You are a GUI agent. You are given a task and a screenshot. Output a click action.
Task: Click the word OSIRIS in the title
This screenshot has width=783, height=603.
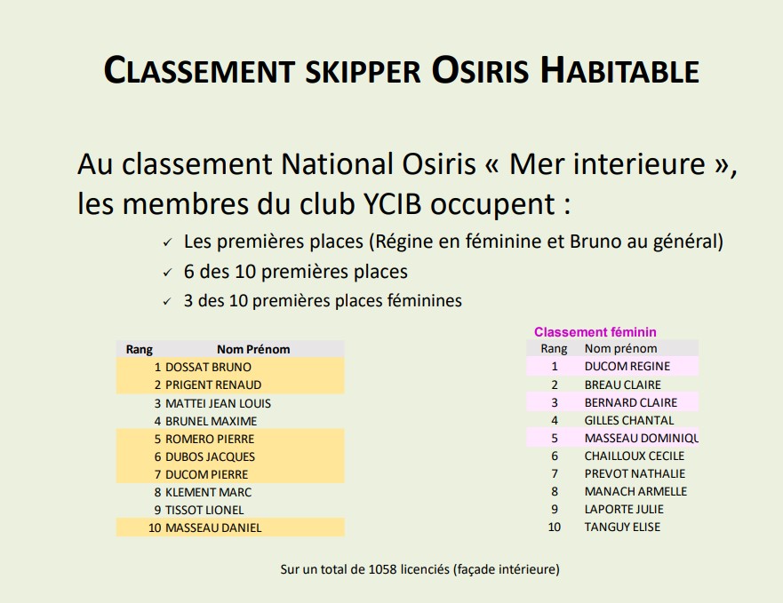(480, 70)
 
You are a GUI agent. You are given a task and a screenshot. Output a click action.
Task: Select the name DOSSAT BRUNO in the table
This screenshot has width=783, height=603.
(208, 367)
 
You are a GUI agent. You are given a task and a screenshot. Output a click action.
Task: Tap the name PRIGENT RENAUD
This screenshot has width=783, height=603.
(213, 385)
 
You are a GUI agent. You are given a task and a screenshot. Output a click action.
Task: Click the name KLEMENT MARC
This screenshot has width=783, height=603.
(208, 492)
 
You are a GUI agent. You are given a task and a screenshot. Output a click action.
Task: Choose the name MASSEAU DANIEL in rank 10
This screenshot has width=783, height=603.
(213, 528)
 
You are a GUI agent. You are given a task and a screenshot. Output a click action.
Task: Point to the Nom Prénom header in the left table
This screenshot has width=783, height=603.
(253, 349)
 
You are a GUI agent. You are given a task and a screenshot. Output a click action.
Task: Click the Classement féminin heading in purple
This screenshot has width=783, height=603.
(595, 332)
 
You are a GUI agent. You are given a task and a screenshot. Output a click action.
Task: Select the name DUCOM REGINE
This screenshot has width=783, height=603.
(627, 366)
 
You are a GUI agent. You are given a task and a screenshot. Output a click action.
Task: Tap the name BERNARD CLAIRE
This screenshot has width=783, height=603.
(631, 402)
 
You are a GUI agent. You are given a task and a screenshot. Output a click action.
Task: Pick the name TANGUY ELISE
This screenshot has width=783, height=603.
(622, 527)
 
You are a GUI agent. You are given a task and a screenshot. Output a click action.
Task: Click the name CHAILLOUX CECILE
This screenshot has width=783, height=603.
(635, 456)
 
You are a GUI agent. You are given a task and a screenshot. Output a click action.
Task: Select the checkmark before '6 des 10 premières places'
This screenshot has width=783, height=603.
(167, 273)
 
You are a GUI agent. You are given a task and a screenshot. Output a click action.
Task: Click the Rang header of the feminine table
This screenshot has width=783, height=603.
(554, 348)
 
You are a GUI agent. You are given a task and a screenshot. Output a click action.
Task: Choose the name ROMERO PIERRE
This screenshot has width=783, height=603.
(210, 439)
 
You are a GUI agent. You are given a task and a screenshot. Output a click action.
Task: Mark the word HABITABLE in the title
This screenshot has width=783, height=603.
(619, 70)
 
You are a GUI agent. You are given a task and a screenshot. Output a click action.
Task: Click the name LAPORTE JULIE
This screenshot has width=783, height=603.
(624, 509)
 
